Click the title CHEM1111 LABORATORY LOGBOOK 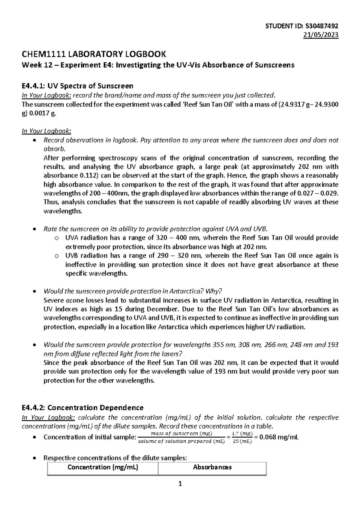coord(94,54)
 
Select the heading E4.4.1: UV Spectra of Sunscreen coord(77,86)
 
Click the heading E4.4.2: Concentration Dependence coord(82,408)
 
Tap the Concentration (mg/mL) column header coord(103,467)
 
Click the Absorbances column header coord(212,467)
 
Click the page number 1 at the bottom coord(180,484)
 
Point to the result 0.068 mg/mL coord(279,437)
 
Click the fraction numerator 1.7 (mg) coord(242,433)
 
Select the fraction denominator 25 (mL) coord(242,441)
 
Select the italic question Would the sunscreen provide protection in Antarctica coord(133,291)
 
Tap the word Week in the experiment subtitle coord(30,65)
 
